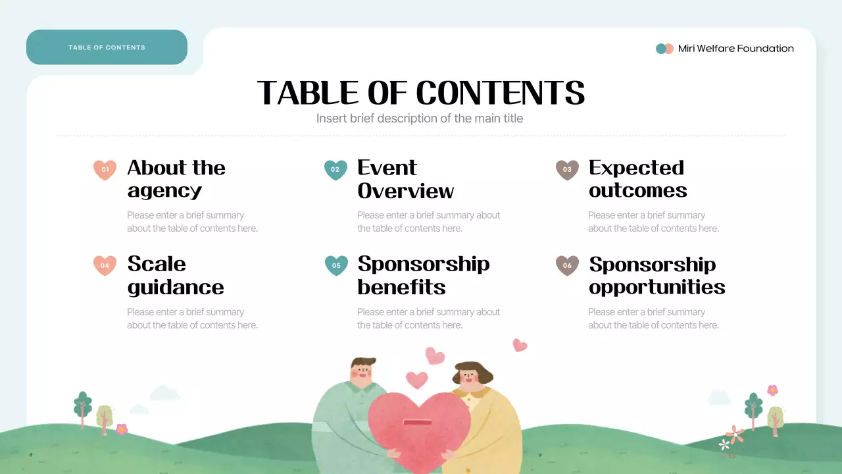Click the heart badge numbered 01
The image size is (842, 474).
105,170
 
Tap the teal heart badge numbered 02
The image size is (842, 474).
335,170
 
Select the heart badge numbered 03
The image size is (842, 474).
567,170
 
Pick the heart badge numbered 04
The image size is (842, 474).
105,265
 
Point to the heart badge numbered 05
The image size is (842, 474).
335,265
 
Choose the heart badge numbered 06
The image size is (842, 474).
567,265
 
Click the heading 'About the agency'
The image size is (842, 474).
176,179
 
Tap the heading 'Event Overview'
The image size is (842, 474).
405,179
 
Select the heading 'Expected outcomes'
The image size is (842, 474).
637,179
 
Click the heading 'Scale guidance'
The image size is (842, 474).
175,275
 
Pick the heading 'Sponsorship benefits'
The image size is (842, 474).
423,275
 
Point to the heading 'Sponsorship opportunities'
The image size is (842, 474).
656,275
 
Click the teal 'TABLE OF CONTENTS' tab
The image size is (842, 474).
107,47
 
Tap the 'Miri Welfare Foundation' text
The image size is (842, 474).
735,49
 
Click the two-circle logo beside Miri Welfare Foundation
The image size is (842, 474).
664,49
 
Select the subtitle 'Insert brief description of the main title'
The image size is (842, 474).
420,118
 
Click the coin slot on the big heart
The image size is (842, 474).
416,422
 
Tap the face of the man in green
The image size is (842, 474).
361,373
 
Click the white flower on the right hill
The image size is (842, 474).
724,445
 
